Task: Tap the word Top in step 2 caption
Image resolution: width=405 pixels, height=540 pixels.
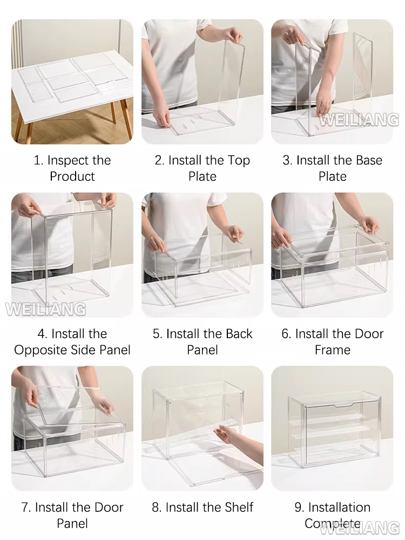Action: point(239,161)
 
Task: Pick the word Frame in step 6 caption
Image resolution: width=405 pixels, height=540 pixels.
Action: point(332,350)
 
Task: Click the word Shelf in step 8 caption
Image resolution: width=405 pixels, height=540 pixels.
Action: point(239,507)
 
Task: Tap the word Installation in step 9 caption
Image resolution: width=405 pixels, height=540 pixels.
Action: point(339,507)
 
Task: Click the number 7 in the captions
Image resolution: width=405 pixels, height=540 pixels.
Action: point(25,507)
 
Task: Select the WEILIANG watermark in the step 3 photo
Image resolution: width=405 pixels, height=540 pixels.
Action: point(359,120)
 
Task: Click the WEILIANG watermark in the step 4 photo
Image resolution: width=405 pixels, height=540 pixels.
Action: point(46,309)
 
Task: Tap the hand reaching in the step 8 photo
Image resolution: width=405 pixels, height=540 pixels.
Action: point(230,435)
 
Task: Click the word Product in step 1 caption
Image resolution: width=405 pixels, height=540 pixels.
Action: point(72,177)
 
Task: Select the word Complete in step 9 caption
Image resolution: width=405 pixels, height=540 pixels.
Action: point(332,523)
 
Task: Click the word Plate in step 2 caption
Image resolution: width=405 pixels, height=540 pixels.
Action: point(202,177)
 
